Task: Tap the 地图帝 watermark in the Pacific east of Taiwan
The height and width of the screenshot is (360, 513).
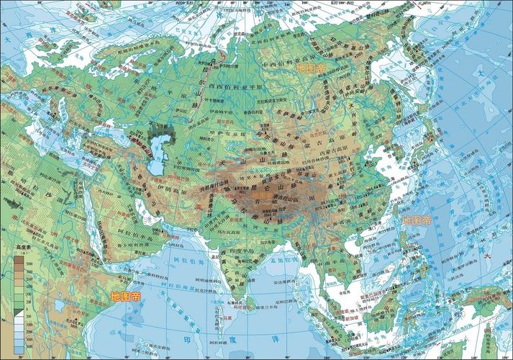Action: [417, 220]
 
